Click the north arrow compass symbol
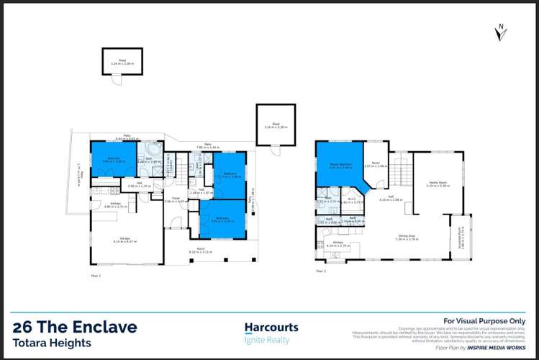click(502, 33)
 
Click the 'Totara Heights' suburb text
click(52, 343)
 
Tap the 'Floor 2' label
click(320, 271)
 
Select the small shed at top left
click(122, 62)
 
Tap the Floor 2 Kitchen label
click(338, 245)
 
